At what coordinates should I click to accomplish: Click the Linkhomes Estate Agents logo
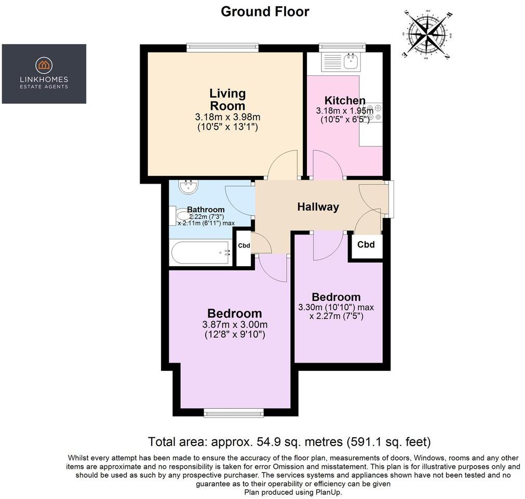point(44,73)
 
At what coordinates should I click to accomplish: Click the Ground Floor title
point(265,11)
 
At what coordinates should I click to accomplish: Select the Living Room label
point(227,99)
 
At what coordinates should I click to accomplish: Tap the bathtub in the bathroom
point(200,253)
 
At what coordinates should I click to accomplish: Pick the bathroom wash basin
point(187,185)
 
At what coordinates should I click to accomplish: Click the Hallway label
point(318,207)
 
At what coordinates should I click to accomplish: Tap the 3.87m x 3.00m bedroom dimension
point(234,325)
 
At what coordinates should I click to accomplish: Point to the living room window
point(222,47)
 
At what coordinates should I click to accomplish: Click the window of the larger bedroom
point(234,413)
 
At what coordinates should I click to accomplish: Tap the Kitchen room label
point(345,101)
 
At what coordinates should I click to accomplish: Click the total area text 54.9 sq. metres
point(289,442)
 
